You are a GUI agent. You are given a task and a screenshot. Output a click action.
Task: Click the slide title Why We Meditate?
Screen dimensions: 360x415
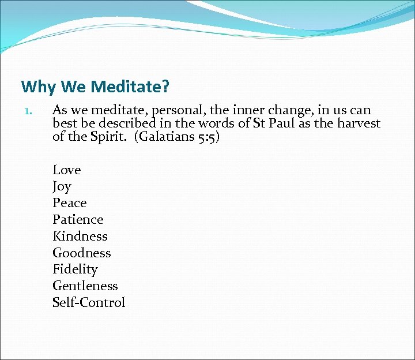click(x=95, y=87)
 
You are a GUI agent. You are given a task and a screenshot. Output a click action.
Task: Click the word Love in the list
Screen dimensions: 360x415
click(x=67, y=170)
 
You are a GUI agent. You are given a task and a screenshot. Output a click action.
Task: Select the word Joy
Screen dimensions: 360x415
click(x=62, y=186)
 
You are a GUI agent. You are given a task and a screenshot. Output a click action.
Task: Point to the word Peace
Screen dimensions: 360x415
click(x=69, y=203)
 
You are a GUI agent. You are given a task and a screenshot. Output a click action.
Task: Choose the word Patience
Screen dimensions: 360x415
click(x=78, y=220)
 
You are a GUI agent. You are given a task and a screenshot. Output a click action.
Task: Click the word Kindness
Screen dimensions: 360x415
click(x=80, y=237)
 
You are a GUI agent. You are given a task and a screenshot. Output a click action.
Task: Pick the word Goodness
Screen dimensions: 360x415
click(x=82, y=253)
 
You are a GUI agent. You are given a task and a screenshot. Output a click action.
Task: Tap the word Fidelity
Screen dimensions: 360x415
click(x=75, y=269)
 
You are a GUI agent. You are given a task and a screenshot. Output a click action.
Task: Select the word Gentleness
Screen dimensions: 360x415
click(x=85, y=286)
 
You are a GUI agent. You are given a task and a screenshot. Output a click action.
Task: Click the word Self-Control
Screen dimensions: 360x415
click(x=89, y=303)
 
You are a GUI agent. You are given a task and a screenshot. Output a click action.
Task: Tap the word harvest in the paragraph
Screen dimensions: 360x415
click(x=357, y=123)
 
